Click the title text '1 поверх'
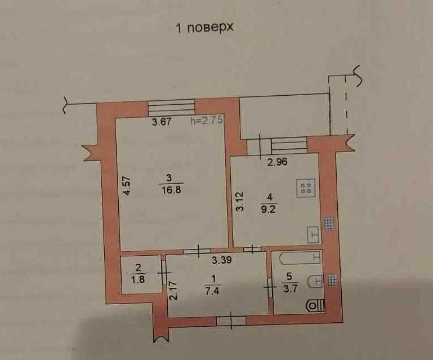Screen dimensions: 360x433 coord(205,28)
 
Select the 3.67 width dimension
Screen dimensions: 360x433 coord(162,121)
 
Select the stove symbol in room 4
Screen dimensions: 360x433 coord(307,188)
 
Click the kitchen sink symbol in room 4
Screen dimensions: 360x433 coord(314,233)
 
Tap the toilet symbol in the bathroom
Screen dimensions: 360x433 coord(316,305)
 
